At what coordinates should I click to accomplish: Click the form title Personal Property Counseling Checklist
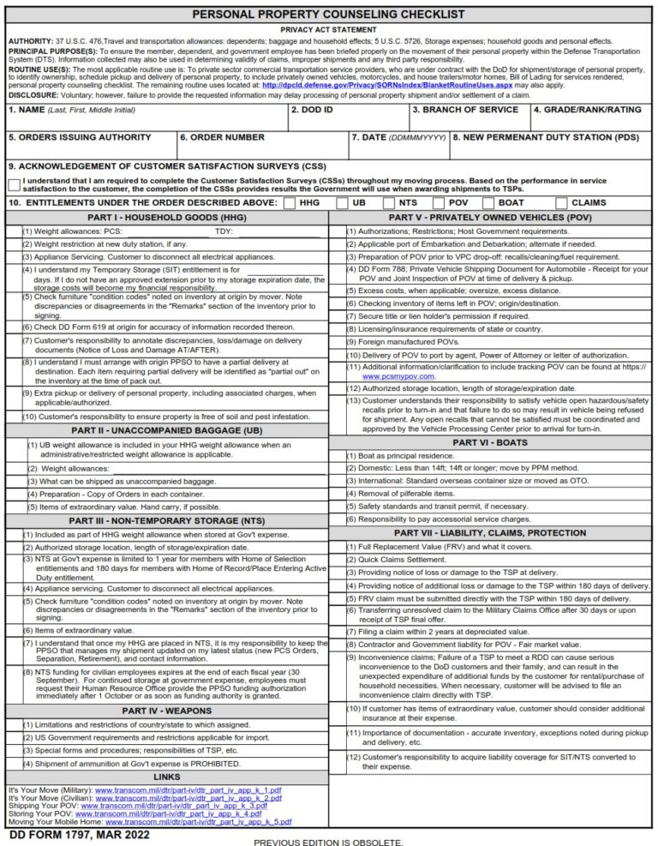[329, 15]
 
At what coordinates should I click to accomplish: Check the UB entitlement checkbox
[342, 203]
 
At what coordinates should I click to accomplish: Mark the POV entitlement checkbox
[439, 203]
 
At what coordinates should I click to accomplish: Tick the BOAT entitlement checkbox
[488, 203]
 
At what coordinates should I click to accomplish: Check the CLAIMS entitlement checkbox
[562, 203]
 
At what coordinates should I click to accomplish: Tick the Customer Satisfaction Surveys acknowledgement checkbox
[15, 184]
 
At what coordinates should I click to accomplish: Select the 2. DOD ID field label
[313, 111]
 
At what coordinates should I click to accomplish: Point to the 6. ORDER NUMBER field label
[223, 137]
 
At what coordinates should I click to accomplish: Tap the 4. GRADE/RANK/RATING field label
[587, 111]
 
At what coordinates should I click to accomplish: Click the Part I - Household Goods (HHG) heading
[166, 218]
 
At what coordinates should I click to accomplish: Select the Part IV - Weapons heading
[166, 711]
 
